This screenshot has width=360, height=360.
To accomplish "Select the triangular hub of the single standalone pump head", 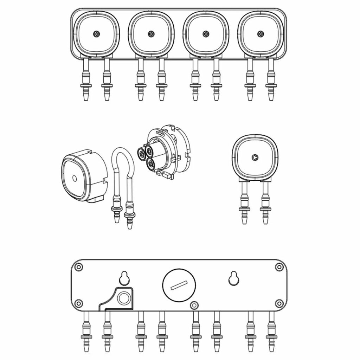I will coord(255,157).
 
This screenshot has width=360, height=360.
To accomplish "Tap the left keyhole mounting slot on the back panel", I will coord(124,278).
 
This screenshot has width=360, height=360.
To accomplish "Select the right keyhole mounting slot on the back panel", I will coord(233,278).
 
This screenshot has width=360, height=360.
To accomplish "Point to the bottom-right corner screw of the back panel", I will coord(279,303).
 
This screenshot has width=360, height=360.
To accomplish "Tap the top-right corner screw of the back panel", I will coord(279,267).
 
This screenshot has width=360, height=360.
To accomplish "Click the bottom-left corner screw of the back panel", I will coord(79,303).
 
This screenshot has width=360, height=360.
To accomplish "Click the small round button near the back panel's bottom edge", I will coord(193,305).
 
